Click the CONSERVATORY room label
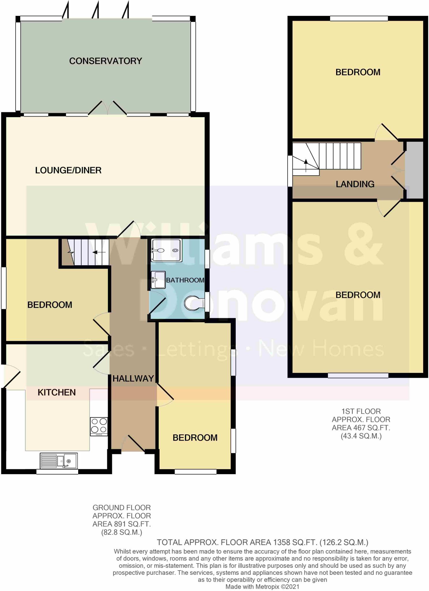pos(106,61)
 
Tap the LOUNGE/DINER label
pos(68,170)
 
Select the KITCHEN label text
pos(57,392)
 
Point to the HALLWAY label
pos(133,379)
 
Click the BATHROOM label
pos(185,280)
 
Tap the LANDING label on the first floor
pos(355,184)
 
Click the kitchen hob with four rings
pos(99,427)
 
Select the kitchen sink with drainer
pos(59,461)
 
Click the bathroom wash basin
pos(158,280)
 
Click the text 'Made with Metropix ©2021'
pos(262,587)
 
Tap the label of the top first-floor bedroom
pos(358,72)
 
